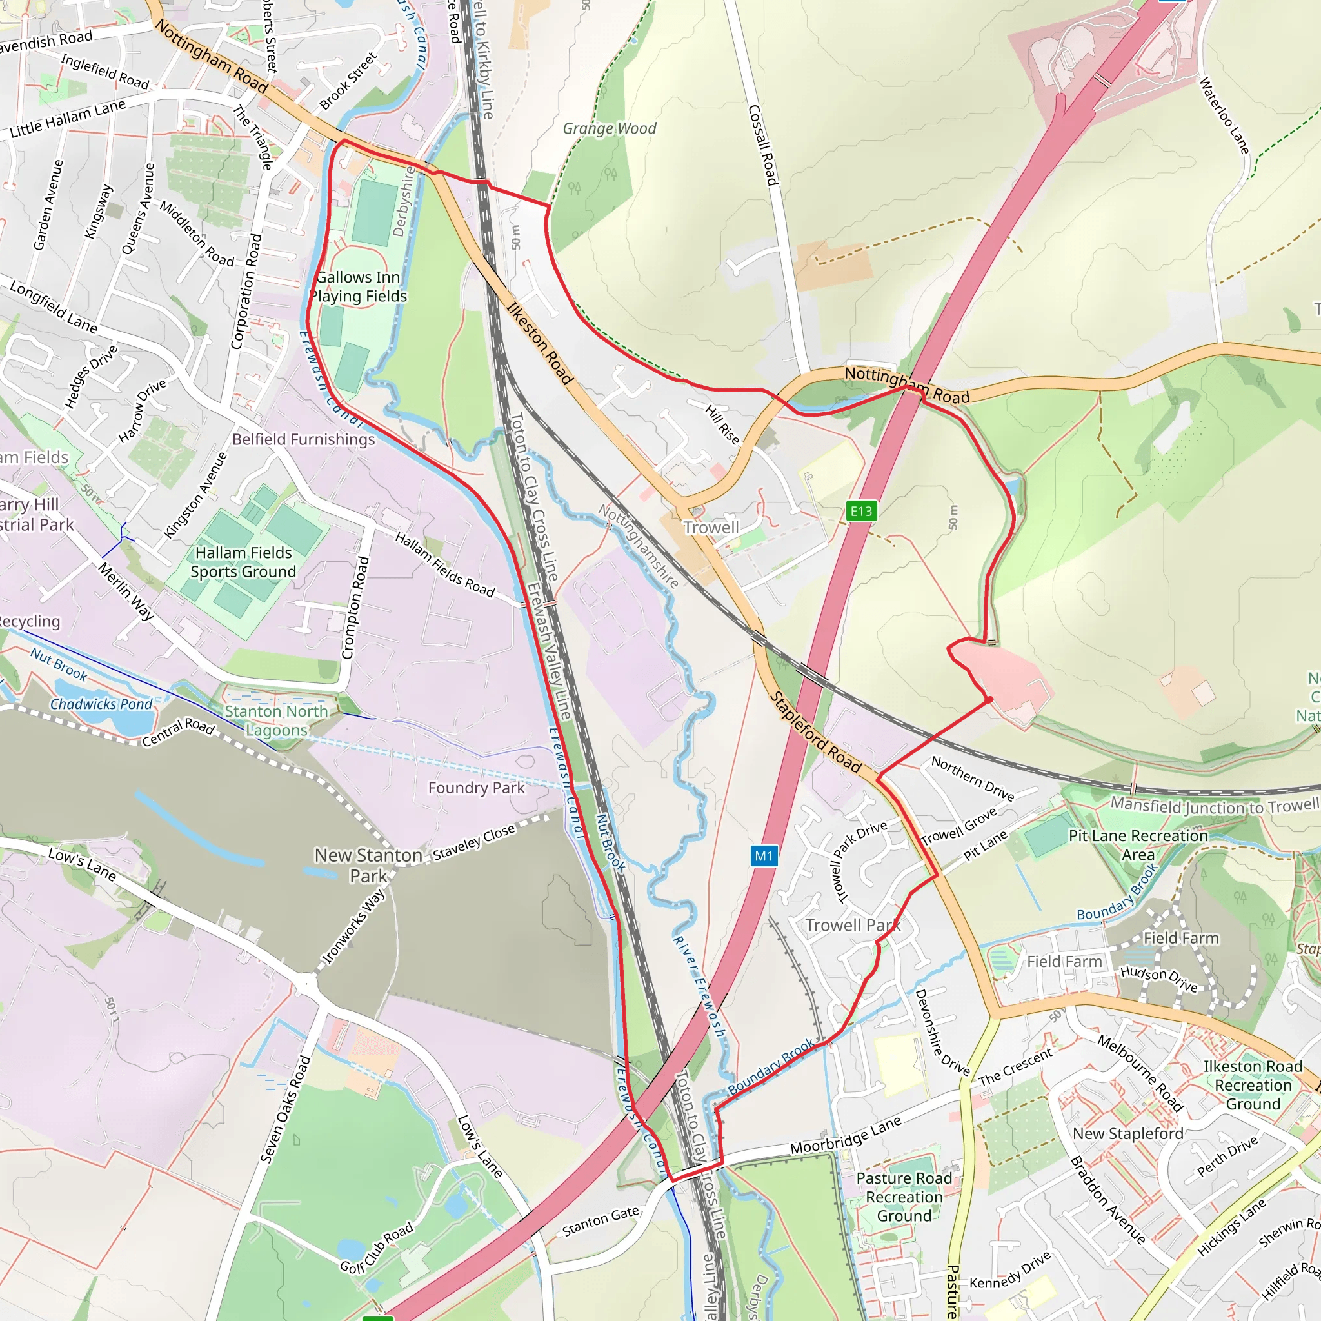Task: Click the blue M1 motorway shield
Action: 764,855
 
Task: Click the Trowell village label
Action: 711,527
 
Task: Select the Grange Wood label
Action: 609,128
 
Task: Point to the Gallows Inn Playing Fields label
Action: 357,286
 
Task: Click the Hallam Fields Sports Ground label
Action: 243,562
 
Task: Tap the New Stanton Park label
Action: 368,865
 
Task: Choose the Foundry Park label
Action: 476,788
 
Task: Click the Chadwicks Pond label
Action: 101,704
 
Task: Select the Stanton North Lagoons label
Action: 276,720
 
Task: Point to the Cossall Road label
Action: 762,144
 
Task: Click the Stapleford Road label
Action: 815,731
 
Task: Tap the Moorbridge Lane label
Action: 845,1135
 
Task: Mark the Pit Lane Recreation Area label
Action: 1138,844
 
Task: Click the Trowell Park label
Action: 852,925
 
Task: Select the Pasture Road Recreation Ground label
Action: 904,1197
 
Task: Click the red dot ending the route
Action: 989,699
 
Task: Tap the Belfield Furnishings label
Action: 304,439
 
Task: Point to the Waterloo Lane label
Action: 1224,115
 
